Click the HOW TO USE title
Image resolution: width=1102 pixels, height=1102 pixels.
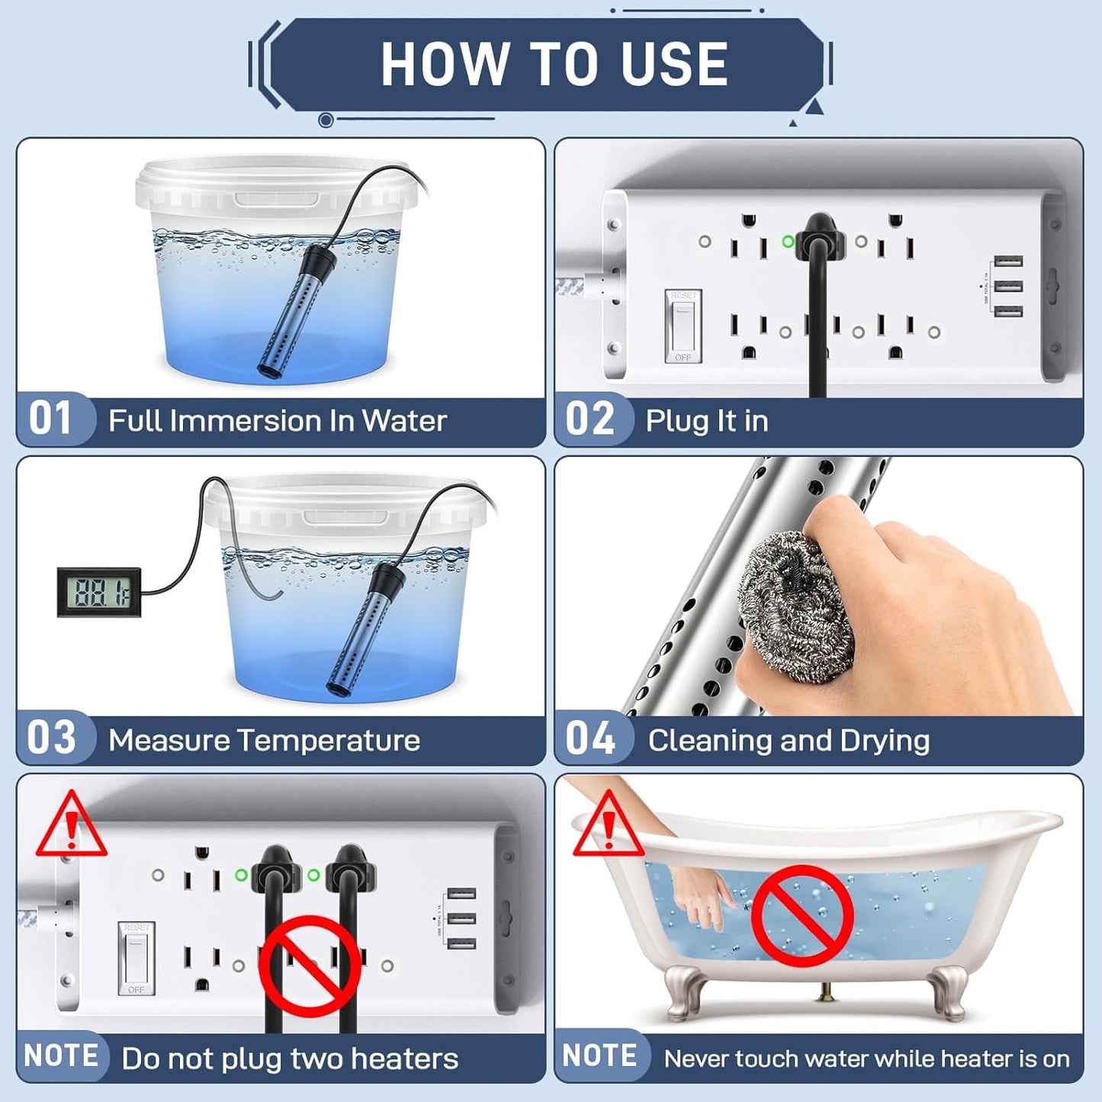pyautogui.click(x=554, y=64)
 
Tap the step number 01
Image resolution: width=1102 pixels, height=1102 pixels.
pyautogui.click(x=50, y=419)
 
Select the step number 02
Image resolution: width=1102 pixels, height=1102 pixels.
pyautogui.click(x=590, y=419)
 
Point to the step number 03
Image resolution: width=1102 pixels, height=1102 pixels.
pyautogui.click(x=52, y=737)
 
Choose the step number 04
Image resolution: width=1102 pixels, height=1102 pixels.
pyautogui.click(x=590, y=737)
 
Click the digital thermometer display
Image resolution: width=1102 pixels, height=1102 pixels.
pyautogui.click(x=99, y=592)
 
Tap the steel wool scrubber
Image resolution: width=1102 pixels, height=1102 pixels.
pyautogui.click(x=793, y=606)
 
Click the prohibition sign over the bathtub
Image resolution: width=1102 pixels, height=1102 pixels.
pyautogui.click(x=802, y=915)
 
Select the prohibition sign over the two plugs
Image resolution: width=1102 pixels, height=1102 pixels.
pyautogui.click(x=310, y=966)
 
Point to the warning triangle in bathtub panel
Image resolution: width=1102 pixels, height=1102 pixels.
pyautogui.click(x=608, y=826)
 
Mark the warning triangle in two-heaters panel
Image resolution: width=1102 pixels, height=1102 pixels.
pyautogui.click(x=71, y=826)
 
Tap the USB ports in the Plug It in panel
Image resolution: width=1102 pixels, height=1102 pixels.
pyautogui.click(x=1008, y=286)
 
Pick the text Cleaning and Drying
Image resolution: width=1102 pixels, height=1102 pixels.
pyautogui.click(x=789, y=741)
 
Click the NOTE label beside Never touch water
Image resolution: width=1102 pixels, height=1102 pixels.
pyautogui.click(x=599, y=1056)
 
